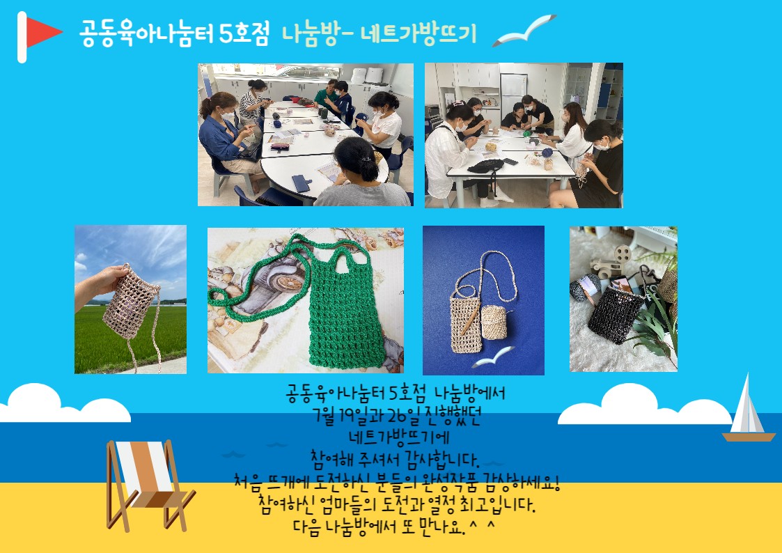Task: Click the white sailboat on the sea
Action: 748,409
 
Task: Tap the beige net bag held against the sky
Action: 131,304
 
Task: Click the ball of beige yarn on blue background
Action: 494,322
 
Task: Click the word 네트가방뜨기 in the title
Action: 419,34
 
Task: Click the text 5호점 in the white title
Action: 244,34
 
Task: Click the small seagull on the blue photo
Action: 493,357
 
